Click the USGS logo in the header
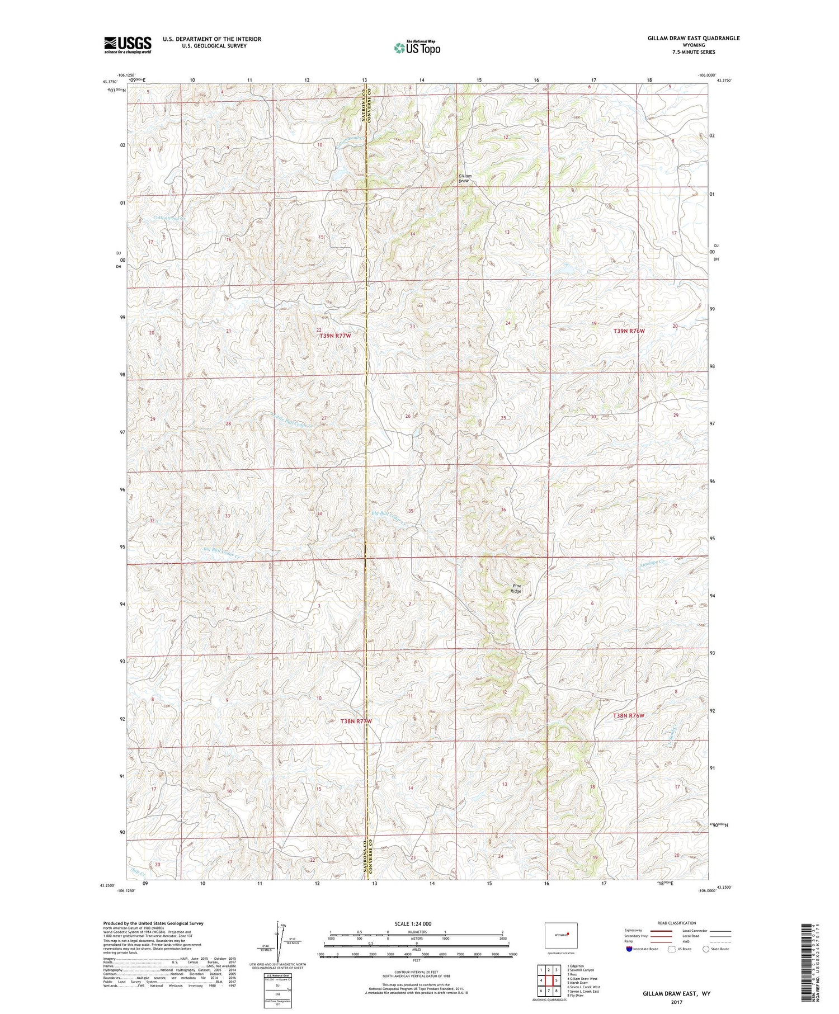click(x=128, y=45)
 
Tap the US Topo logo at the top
click(x=417, y=48)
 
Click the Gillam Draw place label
click(x=464, y=178)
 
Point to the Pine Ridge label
click(x=516, y=588)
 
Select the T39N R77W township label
click(x=334, y=336)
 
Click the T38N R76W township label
click(x=629, y=716)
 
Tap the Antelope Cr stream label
click(x=652, y=565)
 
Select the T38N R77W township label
click(x=356, y=721)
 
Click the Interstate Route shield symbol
click(x=629, y=949)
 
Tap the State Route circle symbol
click(x=706, y=949)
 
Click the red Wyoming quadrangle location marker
click(x=567, y=933)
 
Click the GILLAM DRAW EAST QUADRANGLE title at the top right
click(x=693, y=38)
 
